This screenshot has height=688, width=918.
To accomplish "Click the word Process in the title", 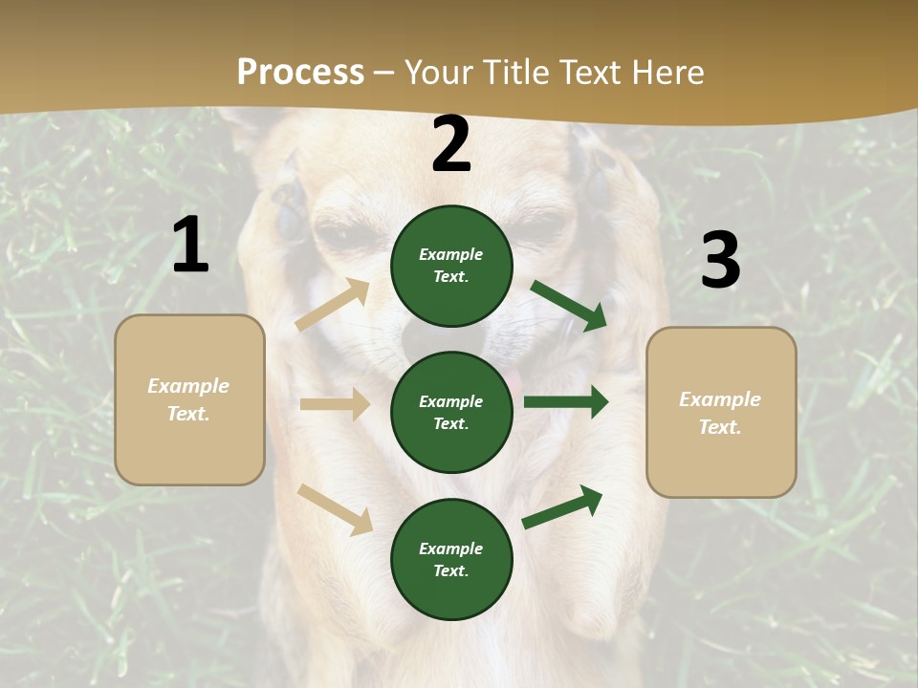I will click(x=300, y=73).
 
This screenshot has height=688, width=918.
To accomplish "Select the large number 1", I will click(x=190, y=246).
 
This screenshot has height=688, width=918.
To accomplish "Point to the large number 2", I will click(x=451, y=144).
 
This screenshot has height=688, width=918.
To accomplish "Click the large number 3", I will click(x=720, y=261).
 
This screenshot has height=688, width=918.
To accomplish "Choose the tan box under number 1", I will click(x=189, y=399).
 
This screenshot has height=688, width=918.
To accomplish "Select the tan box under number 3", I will click(x=721, y=413).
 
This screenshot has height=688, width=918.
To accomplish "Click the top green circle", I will click(x=451, y=266).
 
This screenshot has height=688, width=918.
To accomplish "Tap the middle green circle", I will click(x=451, y=413).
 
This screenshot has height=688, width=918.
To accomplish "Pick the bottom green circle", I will click(x=451, y=560).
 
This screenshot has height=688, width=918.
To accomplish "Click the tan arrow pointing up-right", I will click(x=333, y=305).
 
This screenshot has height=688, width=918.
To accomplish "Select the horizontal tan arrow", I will click(x=335, y=404).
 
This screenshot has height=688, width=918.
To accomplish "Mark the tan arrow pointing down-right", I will click(x=335, y=509).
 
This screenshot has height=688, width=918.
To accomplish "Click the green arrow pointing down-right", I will click(x=568, y=305).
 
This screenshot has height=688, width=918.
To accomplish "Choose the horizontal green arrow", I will click(x=566, y=402).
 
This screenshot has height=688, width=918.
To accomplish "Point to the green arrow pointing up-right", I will click(x=563, y=506).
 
